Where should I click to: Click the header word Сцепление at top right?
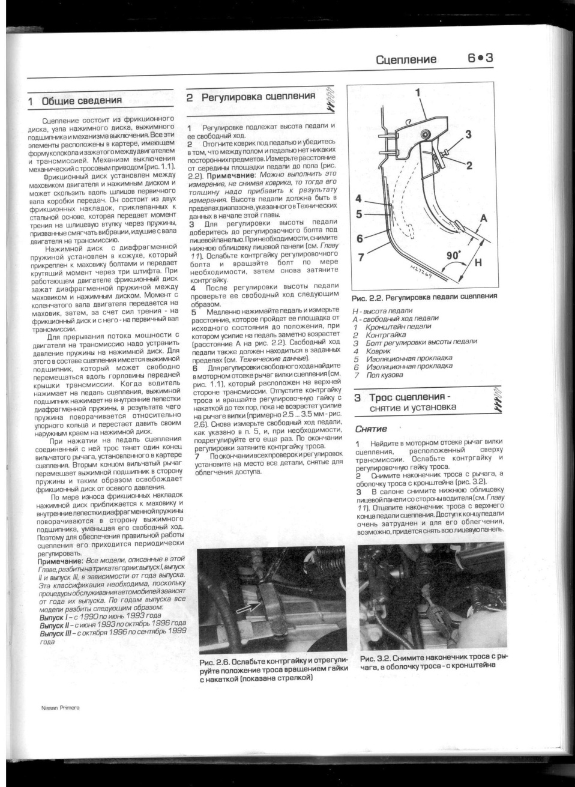(406, 59)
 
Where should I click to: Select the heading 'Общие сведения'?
(81, 101)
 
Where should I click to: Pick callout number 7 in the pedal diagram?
(360, 258)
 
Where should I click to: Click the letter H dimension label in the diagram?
(478, 263)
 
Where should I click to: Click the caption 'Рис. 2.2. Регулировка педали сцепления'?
(424, 297)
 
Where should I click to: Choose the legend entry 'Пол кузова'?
(384, 375)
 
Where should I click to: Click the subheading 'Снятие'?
(370, 429)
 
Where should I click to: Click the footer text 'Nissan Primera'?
(61, 708)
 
